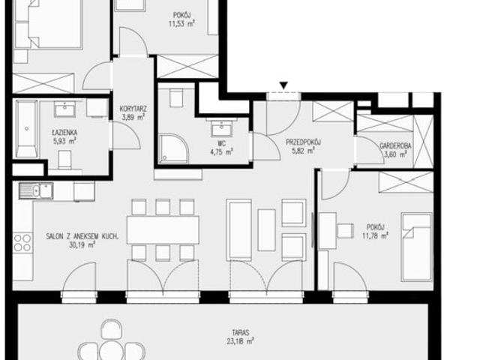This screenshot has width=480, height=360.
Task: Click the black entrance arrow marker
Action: (x=283, y=85)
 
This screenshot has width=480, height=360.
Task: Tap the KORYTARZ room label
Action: (x=133, y=109)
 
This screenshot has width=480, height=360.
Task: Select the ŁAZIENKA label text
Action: (x=64, y=133)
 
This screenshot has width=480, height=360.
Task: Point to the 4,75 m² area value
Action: (x=222, y=152)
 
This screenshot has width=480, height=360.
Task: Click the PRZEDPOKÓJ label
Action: (x=303, y=142)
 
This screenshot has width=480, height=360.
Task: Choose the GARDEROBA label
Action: (x=395, y=146)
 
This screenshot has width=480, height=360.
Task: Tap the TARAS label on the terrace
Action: (x=240, y=332)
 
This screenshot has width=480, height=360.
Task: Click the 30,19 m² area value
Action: (x=82, y=244)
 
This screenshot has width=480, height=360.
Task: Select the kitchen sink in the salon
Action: (x=36, y=190)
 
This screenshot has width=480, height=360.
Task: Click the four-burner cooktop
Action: (x=22, y=242)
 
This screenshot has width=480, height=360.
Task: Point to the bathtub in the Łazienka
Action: (x=27, y=129)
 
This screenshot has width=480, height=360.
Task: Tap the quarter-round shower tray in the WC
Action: (x=173, y=148)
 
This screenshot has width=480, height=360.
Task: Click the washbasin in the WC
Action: (x=222, y=128)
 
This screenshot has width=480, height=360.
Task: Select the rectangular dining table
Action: (x=163, y=230)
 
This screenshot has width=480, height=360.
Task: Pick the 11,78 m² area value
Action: (x=376, y=236)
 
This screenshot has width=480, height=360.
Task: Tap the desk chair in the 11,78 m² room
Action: (x=345, y=231)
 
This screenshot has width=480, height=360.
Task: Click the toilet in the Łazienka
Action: (x=64, y=160)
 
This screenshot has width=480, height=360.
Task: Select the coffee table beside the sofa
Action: (x=267, y=230)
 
